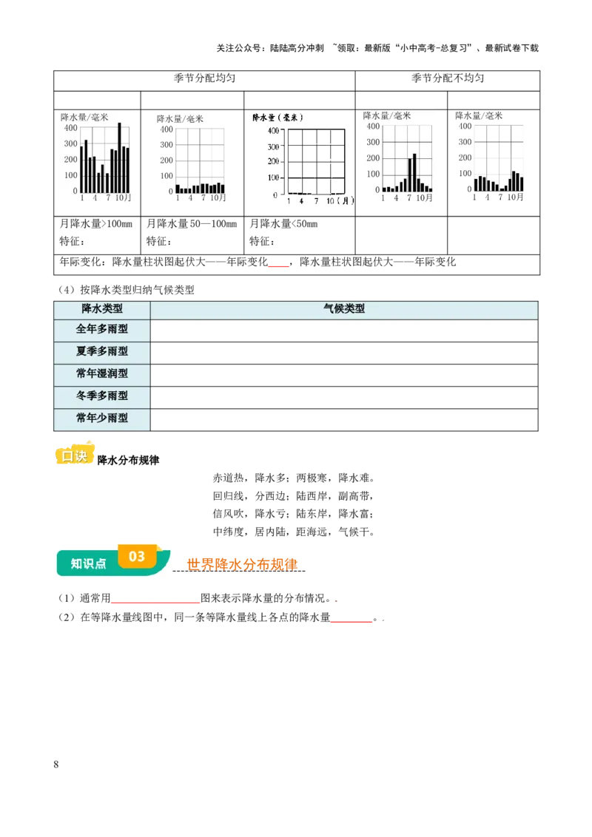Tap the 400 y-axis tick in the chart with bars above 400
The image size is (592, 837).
70,127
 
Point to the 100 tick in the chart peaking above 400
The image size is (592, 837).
70,175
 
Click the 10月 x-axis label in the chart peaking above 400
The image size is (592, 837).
123,198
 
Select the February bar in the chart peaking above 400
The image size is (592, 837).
86,166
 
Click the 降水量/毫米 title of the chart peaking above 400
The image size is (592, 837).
84,117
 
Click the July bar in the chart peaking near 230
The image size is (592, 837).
409,174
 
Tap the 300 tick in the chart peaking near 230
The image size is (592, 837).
372,142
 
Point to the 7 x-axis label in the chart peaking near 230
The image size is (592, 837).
408,198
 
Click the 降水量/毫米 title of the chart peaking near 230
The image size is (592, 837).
386,116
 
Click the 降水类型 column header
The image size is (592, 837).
102,309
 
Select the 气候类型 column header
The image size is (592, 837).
344,309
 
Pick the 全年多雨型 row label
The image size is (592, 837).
102,329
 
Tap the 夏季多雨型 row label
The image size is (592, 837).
102,351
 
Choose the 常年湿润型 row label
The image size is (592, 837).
102,373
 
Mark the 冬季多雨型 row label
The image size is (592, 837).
102,396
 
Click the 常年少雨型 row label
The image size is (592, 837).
102,418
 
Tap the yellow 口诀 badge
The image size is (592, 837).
75,455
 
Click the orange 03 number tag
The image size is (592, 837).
137,555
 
